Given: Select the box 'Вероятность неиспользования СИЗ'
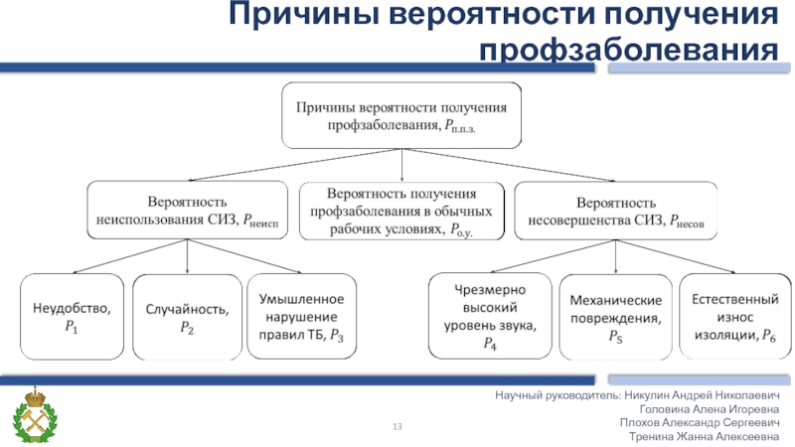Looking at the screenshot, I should [188, 210].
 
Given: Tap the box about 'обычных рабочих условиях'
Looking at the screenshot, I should [400, 210].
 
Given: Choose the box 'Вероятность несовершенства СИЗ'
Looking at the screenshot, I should [616, 210].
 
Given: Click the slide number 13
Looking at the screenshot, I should [397, 427].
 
